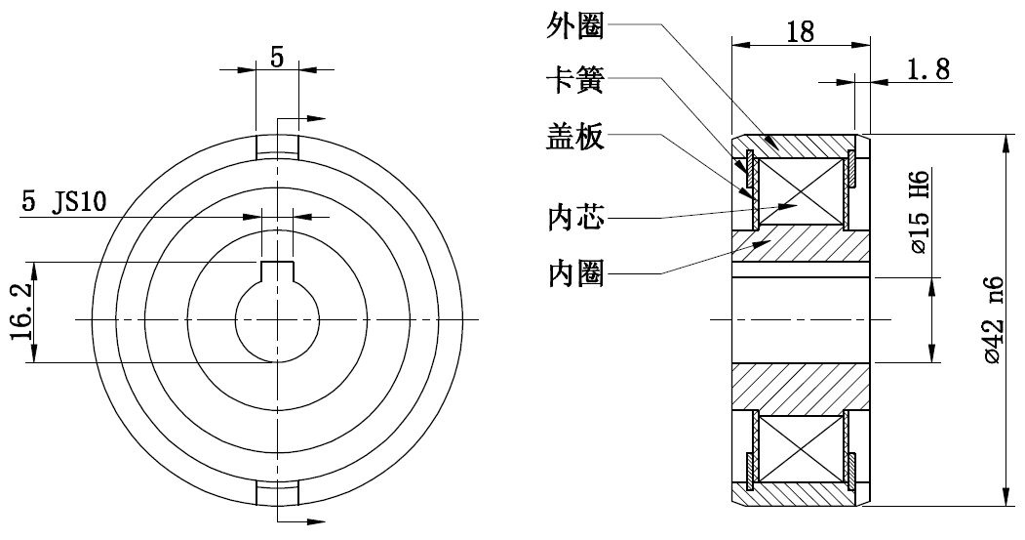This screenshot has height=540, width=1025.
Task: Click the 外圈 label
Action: (576, 26)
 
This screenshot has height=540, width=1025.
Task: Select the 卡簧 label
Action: (576, 81)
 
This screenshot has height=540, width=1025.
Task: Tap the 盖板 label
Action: (576, 137)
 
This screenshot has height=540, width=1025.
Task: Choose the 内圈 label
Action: (576, 274)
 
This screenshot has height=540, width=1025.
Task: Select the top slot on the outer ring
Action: (277, 146)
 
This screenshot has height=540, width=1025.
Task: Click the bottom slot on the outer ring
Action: (277, 492)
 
